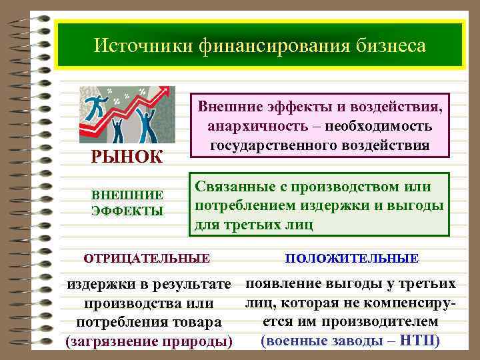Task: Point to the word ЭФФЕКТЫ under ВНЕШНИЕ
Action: point(127,211)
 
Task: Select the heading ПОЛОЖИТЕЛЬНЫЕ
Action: point(352,257)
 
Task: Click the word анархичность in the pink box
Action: point(252,126)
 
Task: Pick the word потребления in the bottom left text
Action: point(119,323)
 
